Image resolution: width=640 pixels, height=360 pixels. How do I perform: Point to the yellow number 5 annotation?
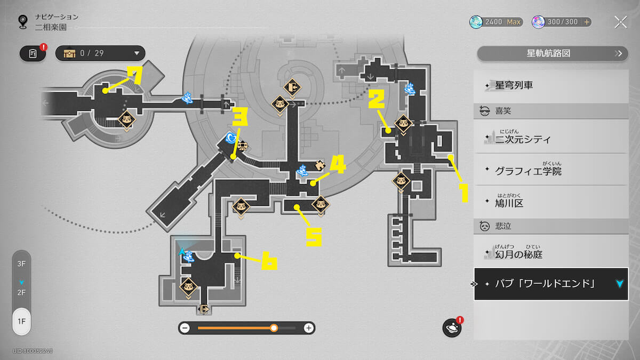[x=313, y=235]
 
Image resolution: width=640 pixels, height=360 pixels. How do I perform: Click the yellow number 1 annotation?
[x=463, y=193]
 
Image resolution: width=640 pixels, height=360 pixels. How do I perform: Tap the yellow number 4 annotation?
[x=338, y=166]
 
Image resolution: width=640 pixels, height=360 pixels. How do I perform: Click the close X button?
[x=620, y=22]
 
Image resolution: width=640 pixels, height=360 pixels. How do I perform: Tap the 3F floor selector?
[x=21, y=264]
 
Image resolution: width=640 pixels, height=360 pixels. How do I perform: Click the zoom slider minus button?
[x=185, y=328]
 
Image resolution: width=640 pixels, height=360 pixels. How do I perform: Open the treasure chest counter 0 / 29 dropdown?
[x=100, y=53]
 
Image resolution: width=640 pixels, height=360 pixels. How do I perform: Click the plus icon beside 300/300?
[x=587, y=22]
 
